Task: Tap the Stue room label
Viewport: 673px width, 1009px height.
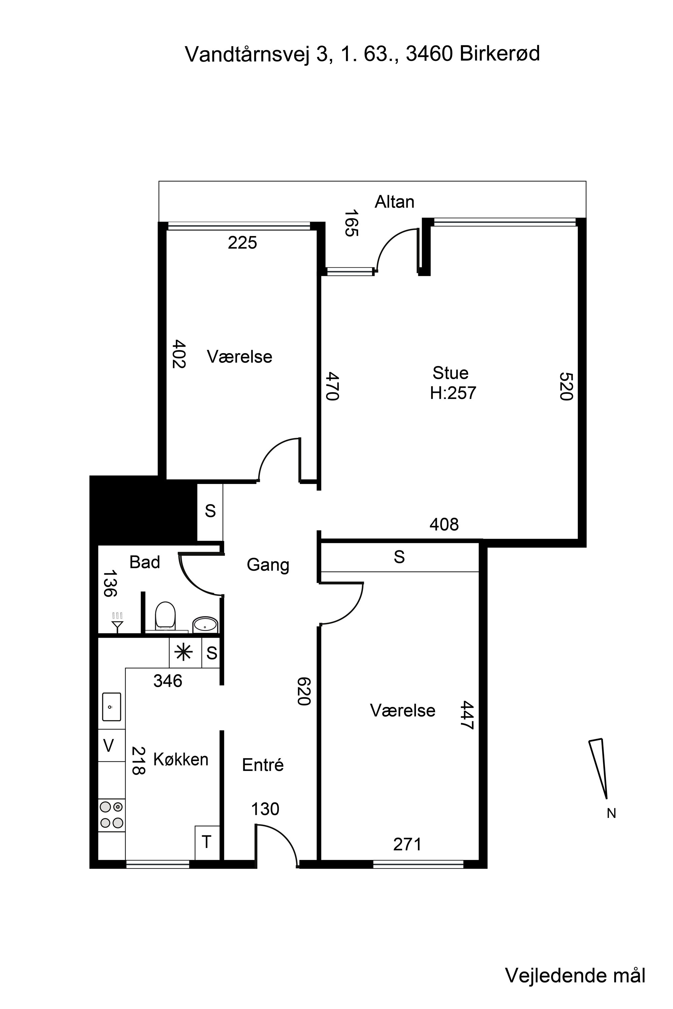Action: click(x=450, y=373)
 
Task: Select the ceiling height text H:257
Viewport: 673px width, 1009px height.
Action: click(x=453, y=393)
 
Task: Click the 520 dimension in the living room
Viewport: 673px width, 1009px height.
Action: click(x=567, y=386)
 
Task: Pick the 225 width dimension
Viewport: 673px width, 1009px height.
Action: click(x=243, y=243)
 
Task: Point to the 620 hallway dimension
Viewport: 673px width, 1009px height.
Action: click(x=304, y=691)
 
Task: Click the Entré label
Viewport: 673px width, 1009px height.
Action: click(x=263, y=764)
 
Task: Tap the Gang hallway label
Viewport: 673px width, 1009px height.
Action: click(x=268, y=565)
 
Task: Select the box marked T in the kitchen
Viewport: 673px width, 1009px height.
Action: click(x=207, y=843)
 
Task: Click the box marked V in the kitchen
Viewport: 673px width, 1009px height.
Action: click(x=109, y=746)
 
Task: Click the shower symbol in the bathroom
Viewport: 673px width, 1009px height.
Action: click(x=117, y=622)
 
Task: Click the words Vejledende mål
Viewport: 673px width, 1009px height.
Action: click(x=575, y=964)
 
